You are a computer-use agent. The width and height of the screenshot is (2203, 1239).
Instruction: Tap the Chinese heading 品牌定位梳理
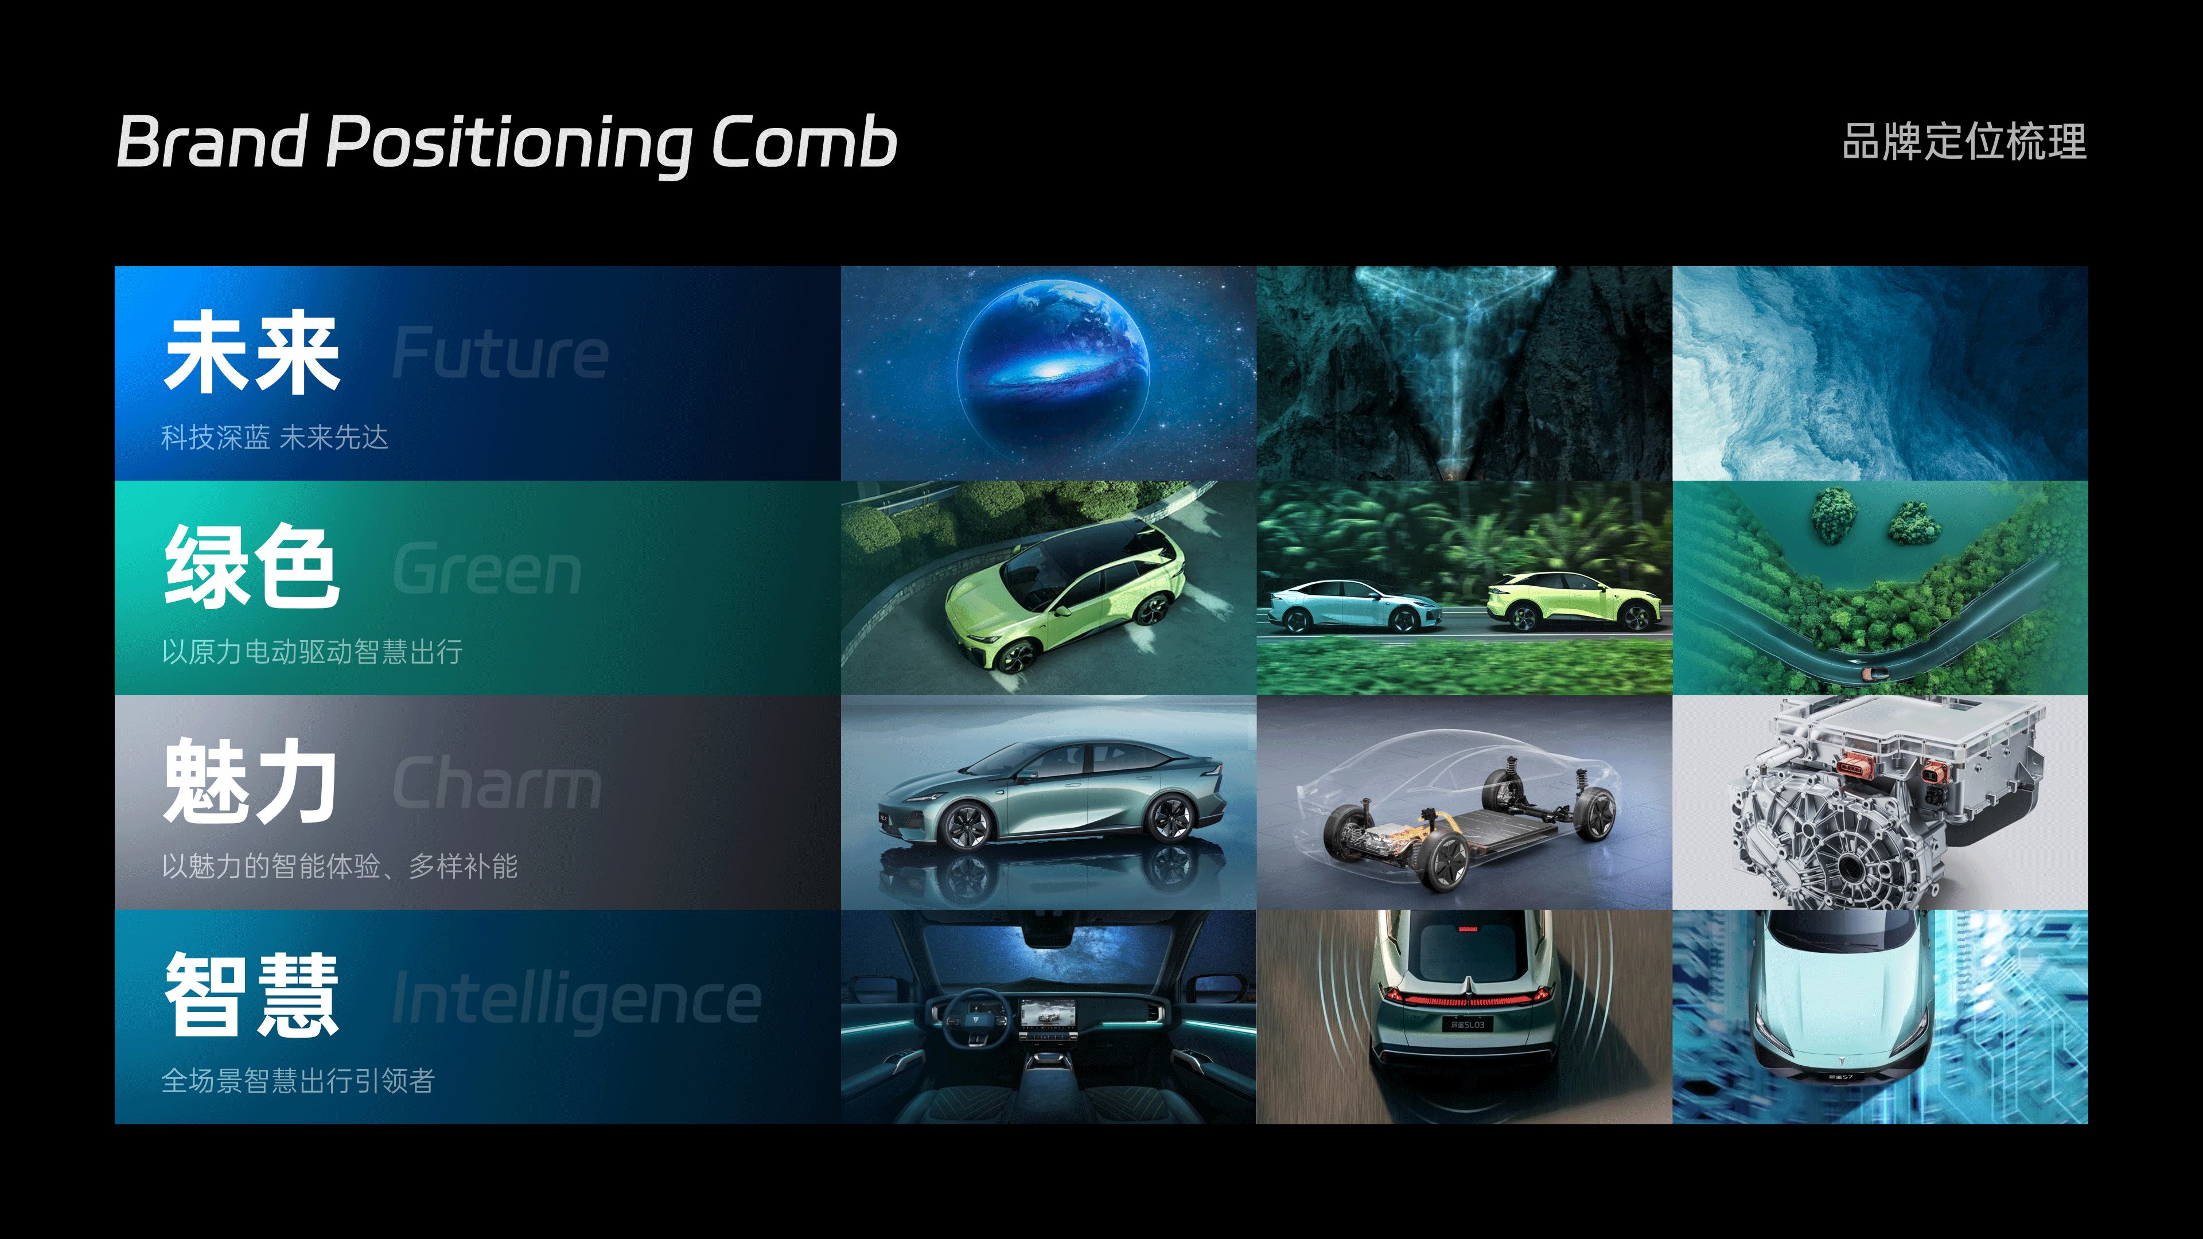(1964, 142)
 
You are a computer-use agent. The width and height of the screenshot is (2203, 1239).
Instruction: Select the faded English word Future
(500, 353)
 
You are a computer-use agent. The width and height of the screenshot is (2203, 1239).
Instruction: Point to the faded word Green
(486, 568)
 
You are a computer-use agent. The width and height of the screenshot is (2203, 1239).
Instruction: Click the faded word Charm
(497, 782)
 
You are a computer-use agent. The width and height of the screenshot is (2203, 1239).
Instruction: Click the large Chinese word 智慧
(252, 995)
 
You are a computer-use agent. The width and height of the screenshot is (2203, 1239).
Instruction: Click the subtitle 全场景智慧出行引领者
(298, 1081)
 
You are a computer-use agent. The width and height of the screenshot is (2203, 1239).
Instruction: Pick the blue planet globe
(1053, 364)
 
